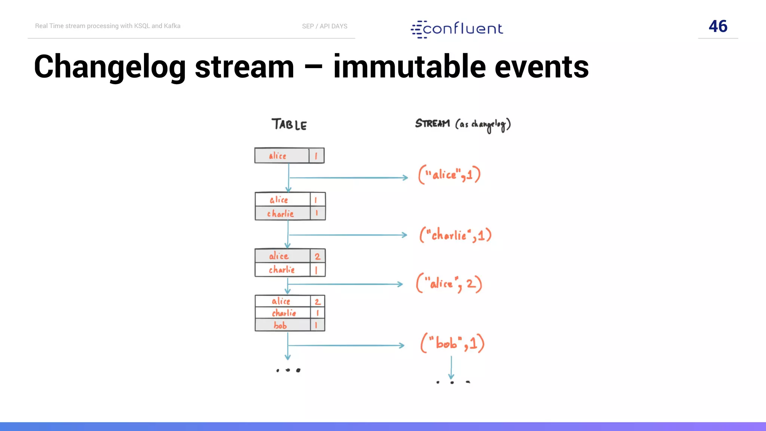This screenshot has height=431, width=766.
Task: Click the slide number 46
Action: point(718,26)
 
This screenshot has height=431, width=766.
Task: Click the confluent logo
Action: point(457,29)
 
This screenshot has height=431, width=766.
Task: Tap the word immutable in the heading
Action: point(409,67)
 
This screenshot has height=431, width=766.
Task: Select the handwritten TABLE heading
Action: point(289,125)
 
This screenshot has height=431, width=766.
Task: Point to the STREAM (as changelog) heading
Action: point(463,125)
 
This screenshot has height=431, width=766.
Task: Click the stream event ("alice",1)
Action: point(449,175)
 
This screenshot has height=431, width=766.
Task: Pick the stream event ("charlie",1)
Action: point(455,235)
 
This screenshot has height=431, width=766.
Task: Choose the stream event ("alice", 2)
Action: point(449,284)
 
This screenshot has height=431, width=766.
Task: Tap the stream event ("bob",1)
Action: point(452,343)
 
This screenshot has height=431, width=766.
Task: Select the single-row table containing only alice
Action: point(289,156)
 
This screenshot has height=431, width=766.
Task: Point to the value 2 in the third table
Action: point(318,257)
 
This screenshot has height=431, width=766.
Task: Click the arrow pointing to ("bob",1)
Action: point(346,345)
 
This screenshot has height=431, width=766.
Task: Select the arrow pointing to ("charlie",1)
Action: point(348,235)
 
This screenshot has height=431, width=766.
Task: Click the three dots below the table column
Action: point(288,370)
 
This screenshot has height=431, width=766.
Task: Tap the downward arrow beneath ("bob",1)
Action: point(451,367)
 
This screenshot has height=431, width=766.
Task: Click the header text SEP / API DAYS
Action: point(325,26)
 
